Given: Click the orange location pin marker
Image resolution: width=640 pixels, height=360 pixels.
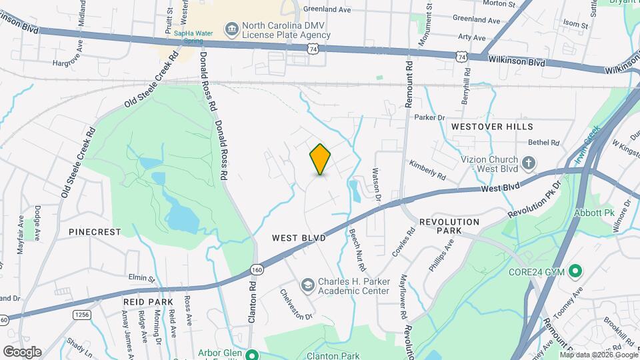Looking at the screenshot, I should tap(321, 159).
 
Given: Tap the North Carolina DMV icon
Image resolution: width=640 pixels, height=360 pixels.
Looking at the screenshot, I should tap(232, 28).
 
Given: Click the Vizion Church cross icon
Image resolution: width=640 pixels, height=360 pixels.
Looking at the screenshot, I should tap(528, 163).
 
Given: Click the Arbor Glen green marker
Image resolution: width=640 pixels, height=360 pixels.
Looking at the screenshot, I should tap(251, 354).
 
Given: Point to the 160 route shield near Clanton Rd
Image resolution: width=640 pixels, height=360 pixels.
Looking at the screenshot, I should tap(257, 269).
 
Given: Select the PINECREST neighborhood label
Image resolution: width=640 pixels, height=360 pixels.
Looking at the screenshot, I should tap(95, 232).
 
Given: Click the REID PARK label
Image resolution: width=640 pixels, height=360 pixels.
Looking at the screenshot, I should tap(148, 302).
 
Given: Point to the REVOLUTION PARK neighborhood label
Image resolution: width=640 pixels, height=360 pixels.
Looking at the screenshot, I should tap(449, 226).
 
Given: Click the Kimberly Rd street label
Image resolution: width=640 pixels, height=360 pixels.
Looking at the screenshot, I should tap(427, 171).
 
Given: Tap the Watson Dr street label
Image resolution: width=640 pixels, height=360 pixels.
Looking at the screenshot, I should tap(376, 186).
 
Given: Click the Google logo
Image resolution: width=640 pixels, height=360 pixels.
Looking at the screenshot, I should tap(22, 352).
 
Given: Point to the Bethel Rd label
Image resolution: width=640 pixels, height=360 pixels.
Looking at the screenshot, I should tap(544, 142).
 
